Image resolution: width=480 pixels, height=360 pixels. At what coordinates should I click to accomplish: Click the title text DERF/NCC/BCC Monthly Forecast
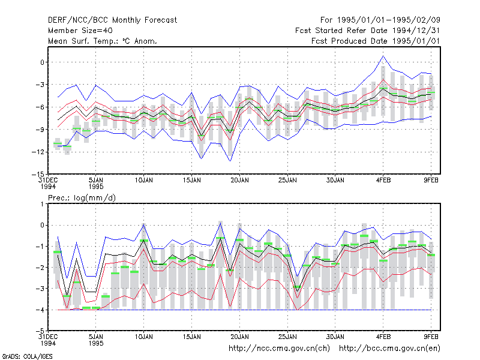[112, 20]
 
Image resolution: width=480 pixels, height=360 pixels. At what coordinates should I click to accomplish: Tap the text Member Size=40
[80, 31]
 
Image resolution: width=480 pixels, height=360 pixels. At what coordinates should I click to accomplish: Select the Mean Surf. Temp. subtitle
[103, 41]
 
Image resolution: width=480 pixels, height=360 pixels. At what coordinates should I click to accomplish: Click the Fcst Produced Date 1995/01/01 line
[376, 41]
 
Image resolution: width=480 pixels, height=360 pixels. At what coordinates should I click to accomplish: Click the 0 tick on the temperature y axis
[42, 62]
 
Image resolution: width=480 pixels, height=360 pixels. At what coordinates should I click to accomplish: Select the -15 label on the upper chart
[38, 175]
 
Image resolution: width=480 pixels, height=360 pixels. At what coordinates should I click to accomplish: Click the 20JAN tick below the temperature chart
[239, 181]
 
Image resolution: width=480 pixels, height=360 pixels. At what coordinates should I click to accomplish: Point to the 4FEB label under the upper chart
[383, 181]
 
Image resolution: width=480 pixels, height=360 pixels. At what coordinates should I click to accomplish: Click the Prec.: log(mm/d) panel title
[82, 198]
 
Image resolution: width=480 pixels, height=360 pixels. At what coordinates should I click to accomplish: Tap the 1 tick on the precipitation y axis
[42, 204]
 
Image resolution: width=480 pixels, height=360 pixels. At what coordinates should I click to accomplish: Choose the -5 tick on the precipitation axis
[40, 331]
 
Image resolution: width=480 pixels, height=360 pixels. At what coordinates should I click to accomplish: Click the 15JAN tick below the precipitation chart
[191, 337]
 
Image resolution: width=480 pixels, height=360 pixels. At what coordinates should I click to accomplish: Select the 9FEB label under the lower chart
[431, 337]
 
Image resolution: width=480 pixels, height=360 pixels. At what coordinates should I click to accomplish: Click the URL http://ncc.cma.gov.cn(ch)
[279, 349]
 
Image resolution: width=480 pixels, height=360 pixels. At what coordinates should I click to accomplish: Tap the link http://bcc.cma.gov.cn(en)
[389, 349]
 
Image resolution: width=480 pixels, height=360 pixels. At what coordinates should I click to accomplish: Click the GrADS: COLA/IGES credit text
[27, 356]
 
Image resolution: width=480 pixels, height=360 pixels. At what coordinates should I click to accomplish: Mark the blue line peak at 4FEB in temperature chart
[383, 56]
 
